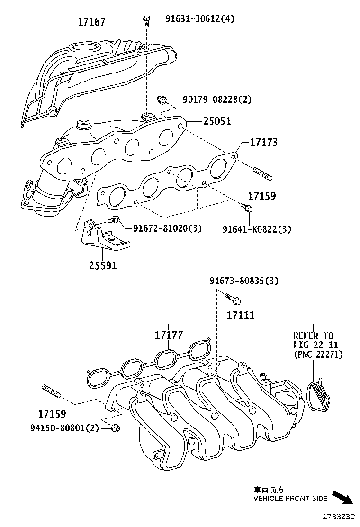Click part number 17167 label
click(x=92, y=22)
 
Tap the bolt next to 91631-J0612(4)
click(x=146, y=19)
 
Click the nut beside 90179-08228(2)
click(x=162, y=100)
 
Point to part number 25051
click(x=217, y=121)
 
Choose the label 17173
click(x=264, y=142)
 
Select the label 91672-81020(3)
click(x=167, y=228)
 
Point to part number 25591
click(x=102, y=266)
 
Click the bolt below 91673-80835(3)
click(x=233, y=299)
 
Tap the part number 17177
click(x=169, y=336)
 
